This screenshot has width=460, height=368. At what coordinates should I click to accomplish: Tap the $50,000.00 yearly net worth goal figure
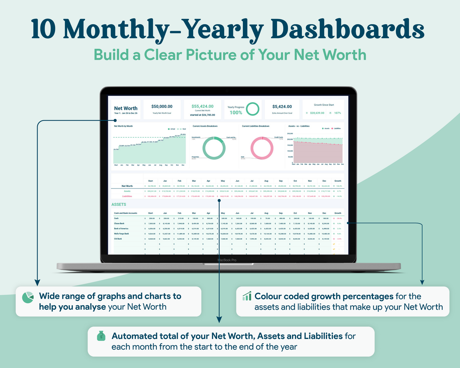pyautogui.click(x=162, y=107)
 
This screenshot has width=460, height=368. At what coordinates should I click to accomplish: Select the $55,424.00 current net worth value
pyautogui.click(x=202, y=106)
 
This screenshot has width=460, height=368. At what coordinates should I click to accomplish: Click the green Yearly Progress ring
pyautogui.click(x=253, y=109)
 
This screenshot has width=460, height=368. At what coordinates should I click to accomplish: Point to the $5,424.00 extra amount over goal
pyautogui.click(x=282, y=107)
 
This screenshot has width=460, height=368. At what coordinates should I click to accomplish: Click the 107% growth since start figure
pyautogui.click(x=337, y=113)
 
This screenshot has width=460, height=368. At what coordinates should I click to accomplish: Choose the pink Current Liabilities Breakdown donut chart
pyautogui.click(x=262, y=148)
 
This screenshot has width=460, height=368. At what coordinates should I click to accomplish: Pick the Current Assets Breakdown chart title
pyautogui.click(x=205, y=126)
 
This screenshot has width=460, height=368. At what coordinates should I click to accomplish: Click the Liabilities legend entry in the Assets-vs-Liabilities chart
pyautogui.click(x=336, y=129)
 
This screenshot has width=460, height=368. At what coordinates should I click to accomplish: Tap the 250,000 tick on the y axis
pyautogui.click(x=290, y=134)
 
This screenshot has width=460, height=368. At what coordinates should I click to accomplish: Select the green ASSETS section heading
pyautogui.click(x=119, y=204)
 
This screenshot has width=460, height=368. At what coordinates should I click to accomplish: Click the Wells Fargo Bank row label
pyautogui.click(x=122, y=234)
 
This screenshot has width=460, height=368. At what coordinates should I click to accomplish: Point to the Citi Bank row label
pyautogui.click(x=118, y=239)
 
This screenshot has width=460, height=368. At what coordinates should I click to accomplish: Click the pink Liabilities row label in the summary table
pyautogui.click(x=127, y=196)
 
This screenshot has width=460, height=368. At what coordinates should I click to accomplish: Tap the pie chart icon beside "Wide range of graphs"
pyautogui.click(x=28, y=297)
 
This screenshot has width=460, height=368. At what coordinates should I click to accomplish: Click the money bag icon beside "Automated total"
pyautogui.click(x=101, y=336)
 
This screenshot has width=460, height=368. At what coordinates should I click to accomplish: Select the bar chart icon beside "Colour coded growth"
pyautogui.click(x=247, y=296)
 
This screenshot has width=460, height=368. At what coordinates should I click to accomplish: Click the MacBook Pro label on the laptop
pyautogui.click(x=227, y=260)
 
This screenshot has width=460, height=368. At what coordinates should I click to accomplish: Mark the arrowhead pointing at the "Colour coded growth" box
pyautogui.click(x=422, y=282)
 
